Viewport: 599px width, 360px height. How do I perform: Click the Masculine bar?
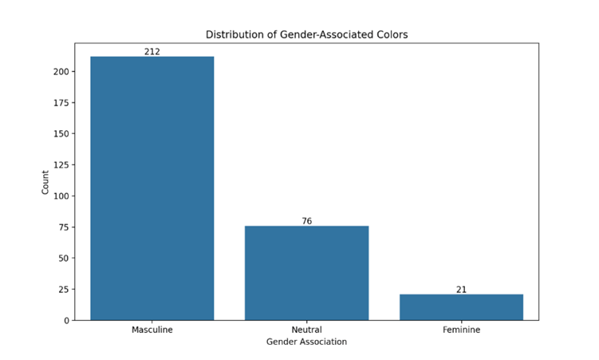click(x=152, y=188)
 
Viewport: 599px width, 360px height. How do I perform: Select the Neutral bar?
click(x=306, y=273)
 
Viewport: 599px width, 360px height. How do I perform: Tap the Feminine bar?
click(x=461, y=307)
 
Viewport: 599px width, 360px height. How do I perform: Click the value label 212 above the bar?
click(x=152, y=51)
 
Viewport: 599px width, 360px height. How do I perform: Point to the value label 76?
click(x=306, y=221)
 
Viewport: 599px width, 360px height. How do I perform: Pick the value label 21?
click(x=461, y=289)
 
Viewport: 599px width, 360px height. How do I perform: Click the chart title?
click(x=306, y=34)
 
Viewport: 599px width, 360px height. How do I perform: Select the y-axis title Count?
click(x=45, y=182)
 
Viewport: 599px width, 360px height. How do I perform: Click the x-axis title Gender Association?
click(x=306, y=342)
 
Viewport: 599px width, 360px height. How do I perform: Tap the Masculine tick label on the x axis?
click(x=152, y=329)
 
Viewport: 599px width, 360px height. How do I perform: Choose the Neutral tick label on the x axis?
click(x=306, y=329)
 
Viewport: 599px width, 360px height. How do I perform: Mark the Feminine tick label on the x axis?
click(x=461, y=329)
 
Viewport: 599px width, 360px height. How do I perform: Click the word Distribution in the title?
click(x=232, y=34)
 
